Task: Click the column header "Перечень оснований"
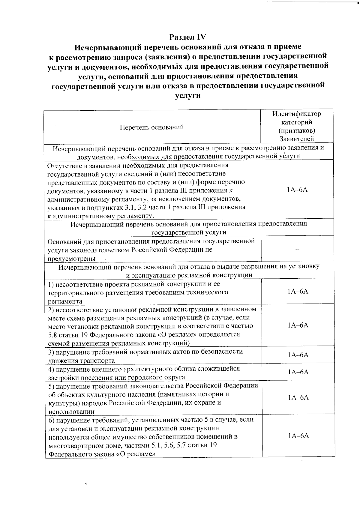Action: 152,127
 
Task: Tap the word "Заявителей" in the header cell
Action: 297,139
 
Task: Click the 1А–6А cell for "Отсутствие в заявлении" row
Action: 298,190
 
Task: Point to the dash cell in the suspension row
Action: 298,250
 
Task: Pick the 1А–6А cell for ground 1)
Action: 298,292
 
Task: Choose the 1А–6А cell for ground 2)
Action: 298,325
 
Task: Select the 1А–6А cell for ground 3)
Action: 298,355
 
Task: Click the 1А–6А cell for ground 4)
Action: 298,372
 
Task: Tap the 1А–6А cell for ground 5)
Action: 298,398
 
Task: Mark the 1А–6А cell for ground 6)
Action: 298,436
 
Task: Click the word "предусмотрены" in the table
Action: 72,259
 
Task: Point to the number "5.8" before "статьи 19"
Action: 53,334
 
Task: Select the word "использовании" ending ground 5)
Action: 71,412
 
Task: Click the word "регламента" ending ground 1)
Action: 65,301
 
